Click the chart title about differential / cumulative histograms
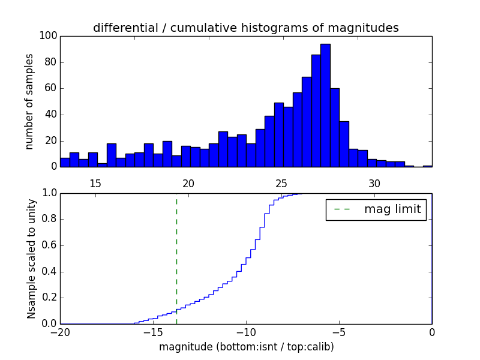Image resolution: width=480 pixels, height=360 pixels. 245,28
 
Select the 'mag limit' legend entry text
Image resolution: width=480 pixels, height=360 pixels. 392,209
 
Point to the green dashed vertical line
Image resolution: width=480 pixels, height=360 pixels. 176,258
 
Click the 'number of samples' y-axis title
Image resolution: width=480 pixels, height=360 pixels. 29,101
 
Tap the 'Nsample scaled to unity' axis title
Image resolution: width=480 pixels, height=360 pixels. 31,258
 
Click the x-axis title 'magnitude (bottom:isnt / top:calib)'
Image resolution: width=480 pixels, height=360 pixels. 246,347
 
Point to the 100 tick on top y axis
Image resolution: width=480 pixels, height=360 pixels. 49,36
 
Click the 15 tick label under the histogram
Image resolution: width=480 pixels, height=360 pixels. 95,184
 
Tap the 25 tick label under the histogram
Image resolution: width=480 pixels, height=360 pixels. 281,184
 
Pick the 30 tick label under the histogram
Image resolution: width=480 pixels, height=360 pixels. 374,184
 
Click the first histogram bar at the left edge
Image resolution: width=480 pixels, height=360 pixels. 65,162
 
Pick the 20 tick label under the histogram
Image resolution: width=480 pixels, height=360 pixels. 188,184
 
